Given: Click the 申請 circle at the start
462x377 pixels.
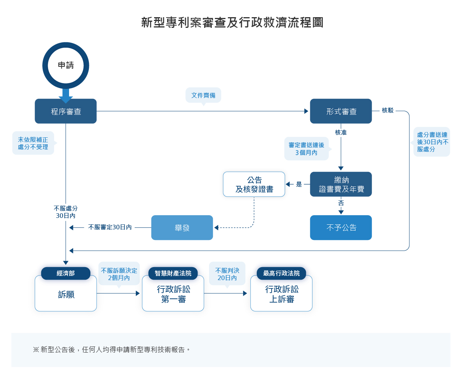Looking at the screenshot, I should (66, 65).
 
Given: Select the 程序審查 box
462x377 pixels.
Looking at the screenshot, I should (66, 111).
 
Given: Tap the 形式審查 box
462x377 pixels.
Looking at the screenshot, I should (341, 111).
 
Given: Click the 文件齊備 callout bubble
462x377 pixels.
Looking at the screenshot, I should (203, 95).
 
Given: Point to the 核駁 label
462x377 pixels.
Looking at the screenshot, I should (388, 110).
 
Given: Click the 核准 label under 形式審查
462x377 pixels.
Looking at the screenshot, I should (341, 132).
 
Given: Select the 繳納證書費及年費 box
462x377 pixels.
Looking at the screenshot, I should (341, 184).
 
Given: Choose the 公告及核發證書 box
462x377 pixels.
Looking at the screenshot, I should (254, 184).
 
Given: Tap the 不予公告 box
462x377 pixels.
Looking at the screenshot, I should (341, 228).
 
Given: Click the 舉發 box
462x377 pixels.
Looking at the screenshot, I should (182, 228).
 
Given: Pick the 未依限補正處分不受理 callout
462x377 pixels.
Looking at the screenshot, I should (33, 143).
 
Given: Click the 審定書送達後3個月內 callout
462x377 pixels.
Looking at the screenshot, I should (306, 149).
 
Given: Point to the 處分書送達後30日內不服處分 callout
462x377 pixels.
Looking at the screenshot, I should (432, 142).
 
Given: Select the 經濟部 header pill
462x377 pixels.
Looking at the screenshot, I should (66, 273).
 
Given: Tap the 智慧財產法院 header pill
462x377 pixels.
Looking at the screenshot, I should (173, 273).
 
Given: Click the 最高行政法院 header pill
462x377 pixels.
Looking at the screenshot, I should (281, 273).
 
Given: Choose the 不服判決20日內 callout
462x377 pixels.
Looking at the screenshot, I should (227, 274).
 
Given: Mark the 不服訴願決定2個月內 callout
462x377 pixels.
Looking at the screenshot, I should (119, 274).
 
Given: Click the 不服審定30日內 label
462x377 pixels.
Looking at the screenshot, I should (110, 227).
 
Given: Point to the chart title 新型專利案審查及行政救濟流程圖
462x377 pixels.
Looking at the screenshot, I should (232, 23).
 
